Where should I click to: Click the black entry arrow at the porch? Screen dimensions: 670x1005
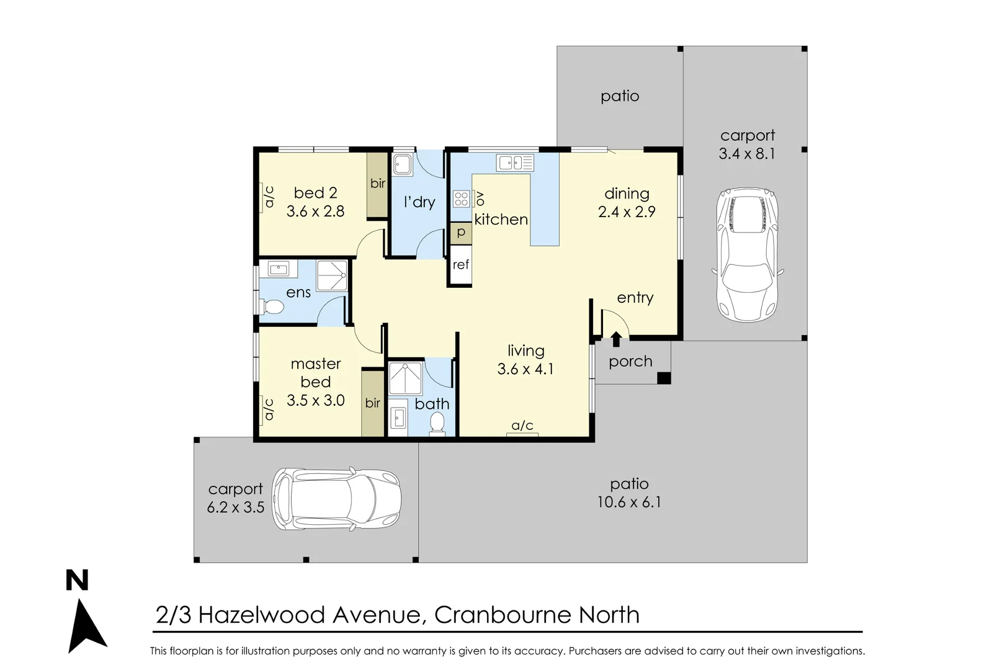pyautogui.click(x=616, y=339)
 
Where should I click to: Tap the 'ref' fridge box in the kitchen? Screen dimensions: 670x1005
pyautogui.click(x=461, y=265)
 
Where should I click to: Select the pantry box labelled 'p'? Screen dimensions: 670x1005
pyautogui.click(x=461, y=233)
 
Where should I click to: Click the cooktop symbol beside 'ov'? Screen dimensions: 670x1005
pyautogui.click(x=462, y=199)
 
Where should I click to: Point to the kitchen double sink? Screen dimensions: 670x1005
pyautogui.click(x=515, y=163)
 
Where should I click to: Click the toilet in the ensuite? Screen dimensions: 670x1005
pyautogui.click(x=272, y=306)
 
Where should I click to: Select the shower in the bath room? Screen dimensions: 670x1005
pyautogui.click(x=404, y=378)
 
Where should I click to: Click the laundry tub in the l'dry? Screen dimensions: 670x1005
pyautogui.click(x=402, y=165)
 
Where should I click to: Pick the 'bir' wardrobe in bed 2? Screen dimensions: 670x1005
pyautogui.click(x=377, y=184)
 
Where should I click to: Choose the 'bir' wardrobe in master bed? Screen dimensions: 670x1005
pyautogui.click(x=373, y=403)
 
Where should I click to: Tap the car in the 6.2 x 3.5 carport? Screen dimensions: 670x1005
pyautogui.click(x=336, y=499)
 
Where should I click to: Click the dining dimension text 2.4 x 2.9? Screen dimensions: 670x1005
pyautogui.click(x=627, y=212)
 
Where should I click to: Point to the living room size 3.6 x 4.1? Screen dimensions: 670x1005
pyautogui.click(x=525, y=369)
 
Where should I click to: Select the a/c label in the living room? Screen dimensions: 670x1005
pyautogui.click(x=522, y=426)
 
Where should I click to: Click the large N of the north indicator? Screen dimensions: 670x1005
pyautogui.click(x=78, y=581)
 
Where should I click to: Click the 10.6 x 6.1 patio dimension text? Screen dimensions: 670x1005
pyautogui.click(x=629, y=502)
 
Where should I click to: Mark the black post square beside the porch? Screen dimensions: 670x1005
pyautogui.click(x=664, y=378)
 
